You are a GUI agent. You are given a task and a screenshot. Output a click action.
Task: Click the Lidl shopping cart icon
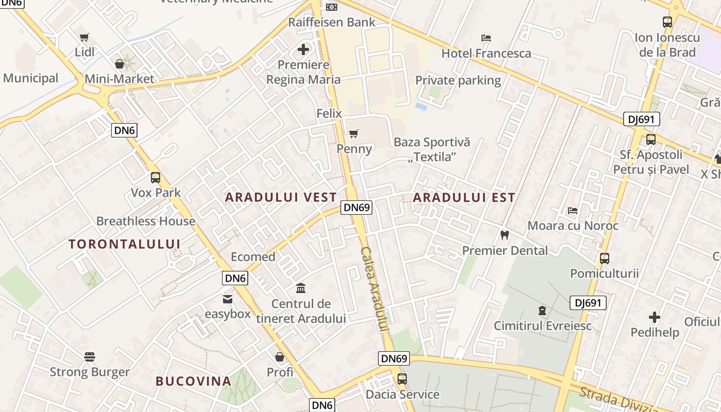[x=84, y=37]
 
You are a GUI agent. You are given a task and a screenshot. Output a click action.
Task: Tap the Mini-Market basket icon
[x=119, y=64]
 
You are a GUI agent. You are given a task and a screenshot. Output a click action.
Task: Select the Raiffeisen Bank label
[x=332, y=22]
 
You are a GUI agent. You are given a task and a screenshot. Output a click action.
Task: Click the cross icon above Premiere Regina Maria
[x=304, y=50]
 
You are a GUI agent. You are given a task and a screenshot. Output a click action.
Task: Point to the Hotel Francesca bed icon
[x=486, y=38]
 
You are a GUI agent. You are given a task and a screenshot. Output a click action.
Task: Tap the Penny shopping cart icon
[x=353, y=134]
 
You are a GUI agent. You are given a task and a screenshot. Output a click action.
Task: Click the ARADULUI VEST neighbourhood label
[x=281, y=197]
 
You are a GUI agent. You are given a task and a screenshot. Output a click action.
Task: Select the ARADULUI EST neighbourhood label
[x=464, y=197]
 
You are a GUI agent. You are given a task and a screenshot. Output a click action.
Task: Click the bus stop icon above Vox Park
[x=156, y=178]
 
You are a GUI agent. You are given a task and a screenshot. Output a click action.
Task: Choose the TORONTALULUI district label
[x=125, y=244]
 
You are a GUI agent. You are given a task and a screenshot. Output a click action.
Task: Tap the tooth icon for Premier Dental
[x=505, y=235]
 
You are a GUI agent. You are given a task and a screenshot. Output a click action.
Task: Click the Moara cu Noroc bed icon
[x=572, y=211]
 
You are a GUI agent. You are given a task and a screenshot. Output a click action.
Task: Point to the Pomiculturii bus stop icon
[x=605, y=259]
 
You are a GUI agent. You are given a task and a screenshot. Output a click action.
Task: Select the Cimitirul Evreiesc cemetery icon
[x=542, y=311]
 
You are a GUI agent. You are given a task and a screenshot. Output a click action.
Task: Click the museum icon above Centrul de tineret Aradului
[x=301, y=288]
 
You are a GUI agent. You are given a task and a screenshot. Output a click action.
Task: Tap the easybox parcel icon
[x=227, y=299]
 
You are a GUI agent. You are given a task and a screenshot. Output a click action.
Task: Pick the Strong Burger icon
[x=90, y=357]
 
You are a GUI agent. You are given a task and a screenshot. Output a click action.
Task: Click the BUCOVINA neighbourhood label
[x=194, y=381]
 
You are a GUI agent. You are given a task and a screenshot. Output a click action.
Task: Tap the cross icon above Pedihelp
[x=655, y=317]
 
